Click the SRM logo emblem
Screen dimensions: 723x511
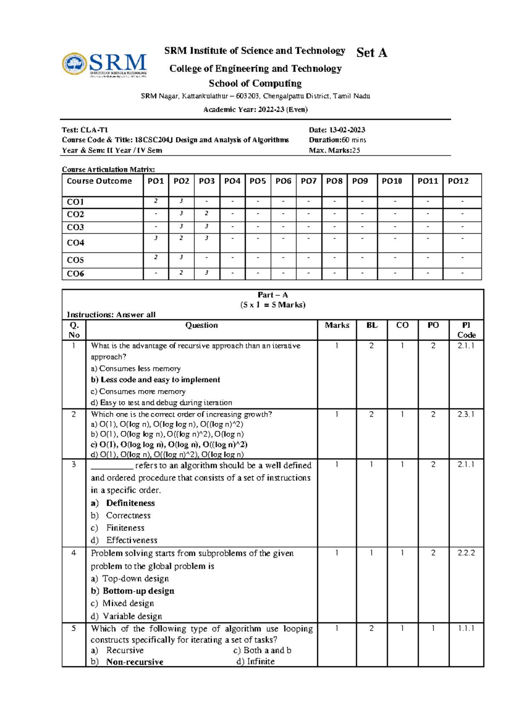click(x=75, y=64)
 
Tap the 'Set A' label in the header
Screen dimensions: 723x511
click(x=371, y=52)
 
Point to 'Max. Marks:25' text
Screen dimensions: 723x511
click(x=334, y=150)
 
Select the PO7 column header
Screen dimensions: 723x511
click(x=308, y=181)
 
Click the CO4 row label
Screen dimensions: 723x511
click(x=75, y=243)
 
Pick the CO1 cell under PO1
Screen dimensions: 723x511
click(x=156, y=201)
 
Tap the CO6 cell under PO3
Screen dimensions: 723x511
click(x=207, y=273)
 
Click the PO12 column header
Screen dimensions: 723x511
click(x=458, y=181)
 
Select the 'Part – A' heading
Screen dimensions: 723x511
click(x=273, y=295)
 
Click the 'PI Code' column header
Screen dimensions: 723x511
click(x=466, y=330)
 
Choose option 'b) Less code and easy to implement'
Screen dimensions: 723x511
click(x=155, y=380)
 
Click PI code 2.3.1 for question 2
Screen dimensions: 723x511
click(x=466, y=414)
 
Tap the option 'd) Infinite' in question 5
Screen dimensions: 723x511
click(x=255, y=662)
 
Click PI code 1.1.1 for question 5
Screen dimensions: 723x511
click(x=466, y=628)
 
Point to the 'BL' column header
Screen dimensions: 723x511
click(x=372, y=325)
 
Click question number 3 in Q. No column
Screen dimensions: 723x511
click(x=74, y=465)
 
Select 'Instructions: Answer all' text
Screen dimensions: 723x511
click(x=111, y=315)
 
